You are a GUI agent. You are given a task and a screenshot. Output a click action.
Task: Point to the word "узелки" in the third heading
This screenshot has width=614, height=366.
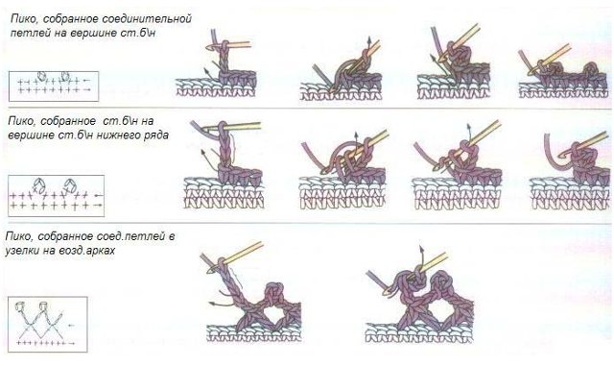tap(22, 250)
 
